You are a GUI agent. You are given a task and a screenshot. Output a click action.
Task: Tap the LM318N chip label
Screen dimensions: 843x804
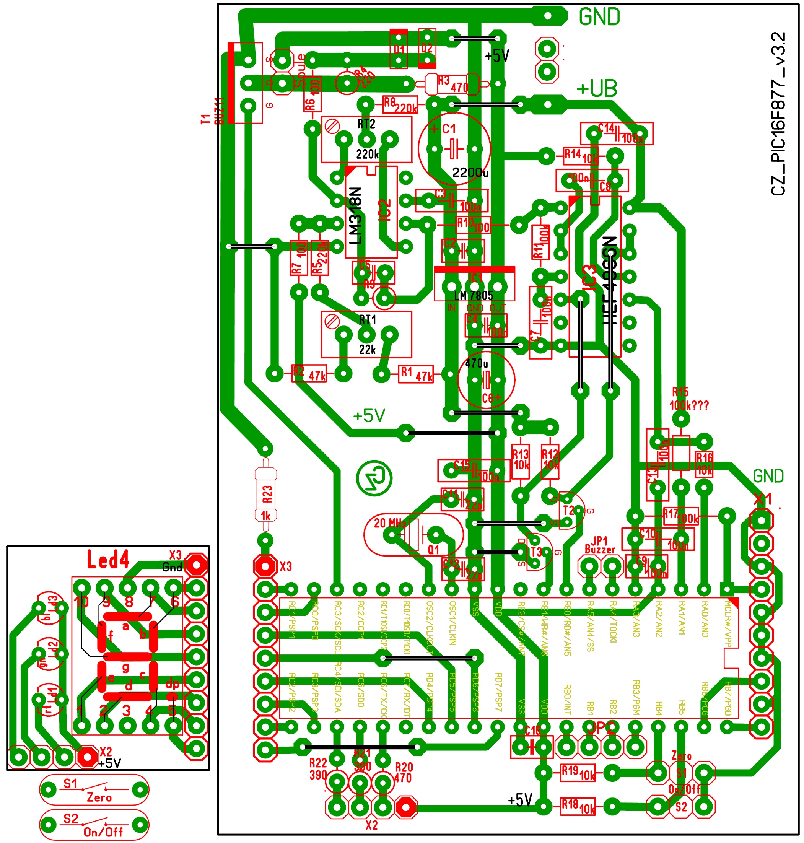coord(355,216)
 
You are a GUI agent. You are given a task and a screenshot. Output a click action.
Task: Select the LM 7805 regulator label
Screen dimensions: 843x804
coord(474,296)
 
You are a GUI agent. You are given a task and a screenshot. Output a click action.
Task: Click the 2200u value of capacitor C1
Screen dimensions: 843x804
coord(470,173)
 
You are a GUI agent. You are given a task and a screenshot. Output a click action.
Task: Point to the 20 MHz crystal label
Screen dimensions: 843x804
coord(390,523)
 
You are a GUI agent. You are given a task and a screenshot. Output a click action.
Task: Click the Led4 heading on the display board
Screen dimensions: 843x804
coord(108,559)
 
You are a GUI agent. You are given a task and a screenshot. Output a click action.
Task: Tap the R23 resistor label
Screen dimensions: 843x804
coord(267,494)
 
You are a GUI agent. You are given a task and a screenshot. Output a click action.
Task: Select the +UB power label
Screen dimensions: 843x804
coord(597,89)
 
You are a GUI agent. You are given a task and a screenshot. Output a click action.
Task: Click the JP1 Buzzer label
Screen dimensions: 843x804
coord(600,545)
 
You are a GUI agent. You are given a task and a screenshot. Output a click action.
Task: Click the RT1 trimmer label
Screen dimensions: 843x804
coord(367,320)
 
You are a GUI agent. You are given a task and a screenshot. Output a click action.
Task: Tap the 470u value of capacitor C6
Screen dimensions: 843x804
coord(477,363)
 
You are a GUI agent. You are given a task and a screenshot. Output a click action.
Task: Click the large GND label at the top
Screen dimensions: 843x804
coord(599,17)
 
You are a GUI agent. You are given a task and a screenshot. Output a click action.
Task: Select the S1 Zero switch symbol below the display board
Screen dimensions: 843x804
coord(94,789)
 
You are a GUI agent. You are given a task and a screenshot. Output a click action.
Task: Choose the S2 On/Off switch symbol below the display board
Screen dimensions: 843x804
coord(94,825)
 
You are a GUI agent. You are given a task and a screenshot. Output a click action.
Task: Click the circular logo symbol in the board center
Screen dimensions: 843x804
coord(374,478)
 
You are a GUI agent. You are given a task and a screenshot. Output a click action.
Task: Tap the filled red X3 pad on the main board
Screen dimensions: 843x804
coord(265,566)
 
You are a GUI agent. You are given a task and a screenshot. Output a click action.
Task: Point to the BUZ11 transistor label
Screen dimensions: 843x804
coord(219,111)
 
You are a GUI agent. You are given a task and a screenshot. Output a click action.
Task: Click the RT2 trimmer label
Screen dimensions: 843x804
coord(366,124)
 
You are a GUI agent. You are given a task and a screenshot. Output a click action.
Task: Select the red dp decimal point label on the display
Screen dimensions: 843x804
coord(172,684)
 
